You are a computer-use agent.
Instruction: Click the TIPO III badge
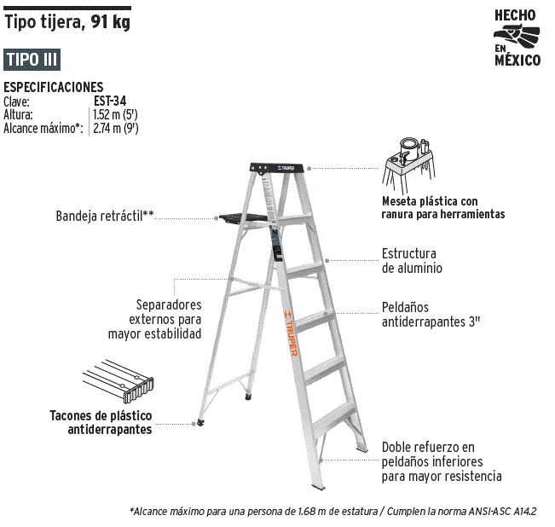[x=32, y=60]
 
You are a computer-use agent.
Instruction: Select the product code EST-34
[x=110, y=101]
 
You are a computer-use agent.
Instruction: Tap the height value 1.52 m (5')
[x=115, y=114]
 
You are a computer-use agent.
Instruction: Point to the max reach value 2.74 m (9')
[x=116, y=128]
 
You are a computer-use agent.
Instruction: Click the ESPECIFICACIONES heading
[x=54, y=87]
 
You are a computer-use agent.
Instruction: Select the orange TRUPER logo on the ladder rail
[x=291, y=333]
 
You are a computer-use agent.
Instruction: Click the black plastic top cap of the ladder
[x=277, y=168]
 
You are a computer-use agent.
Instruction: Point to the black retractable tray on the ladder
[x=243, y=218]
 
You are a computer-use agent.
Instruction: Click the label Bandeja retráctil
[x=105, y=216]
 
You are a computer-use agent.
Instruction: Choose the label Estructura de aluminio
[x=412, y=261]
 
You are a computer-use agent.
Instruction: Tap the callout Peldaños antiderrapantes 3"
[x=431, y=315]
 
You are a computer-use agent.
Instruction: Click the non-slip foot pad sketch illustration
[x=119, y=381]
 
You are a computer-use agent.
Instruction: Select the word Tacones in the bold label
[x=72, y=415]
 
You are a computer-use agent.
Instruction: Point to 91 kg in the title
[x=110, y=22]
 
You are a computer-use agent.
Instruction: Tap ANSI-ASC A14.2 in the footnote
[x=503, y=511]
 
